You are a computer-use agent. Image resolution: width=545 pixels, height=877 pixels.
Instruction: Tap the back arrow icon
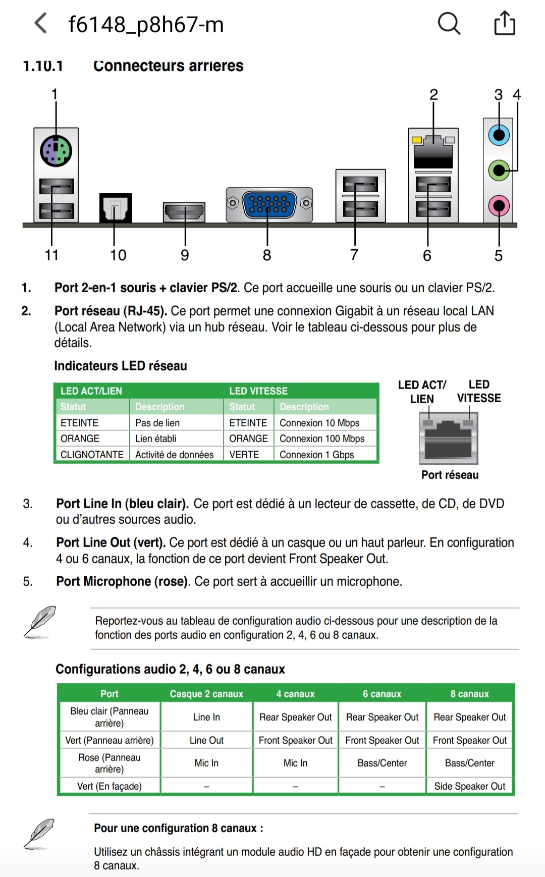pyautogui.click(x=41, y=24)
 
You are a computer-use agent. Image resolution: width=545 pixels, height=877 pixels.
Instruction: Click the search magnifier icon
pyautogui.click(x=449, y=24)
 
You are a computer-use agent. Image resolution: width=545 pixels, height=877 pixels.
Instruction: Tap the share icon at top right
pyautogui.click(x=505, y=24)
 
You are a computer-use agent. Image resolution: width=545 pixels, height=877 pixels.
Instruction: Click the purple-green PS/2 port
pyautogui.click(x=56, y=151)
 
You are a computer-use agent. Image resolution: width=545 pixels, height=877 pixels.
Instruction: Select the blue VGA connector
pyautogui.click(x=269, y=204)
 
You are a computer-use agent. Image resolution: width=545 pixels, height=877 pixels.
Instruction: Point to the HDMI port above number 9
pyautogui.click(x=184, y=212)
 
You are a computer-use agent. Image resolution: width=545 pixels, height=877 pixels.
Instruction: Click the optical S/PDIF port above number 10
pyautogui.click(x=116, y=208)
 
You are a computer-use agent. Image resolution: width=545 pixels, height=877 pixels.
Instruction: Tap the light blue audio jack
pyautogui.click(x=499, y=135)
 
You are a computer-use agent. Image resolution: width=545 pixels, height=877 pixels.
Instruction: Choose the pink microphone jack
pyautogui.click(x=499, y=206)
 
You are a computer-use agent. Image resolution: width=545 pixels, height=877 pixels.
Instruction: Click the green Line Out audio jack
pyautogui.click(x=499, y=171)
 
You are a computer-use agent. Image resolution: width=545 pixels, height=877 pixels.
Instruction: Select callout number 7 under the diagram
pyautogui.click(x=354, y=255)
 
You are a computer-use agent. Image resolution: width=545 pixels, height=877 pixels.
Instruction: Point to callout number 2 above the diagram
pyautogui.click(x=433, y=94)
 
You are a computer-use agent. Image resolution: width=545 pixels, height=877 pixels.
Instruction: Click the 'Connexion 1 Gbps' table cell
pyautogui.click(x=317, y=455)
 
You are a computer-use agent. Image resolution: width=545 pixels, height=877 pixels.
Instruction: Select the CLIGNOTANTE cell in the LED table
pyautogui.click(x=92, y=455)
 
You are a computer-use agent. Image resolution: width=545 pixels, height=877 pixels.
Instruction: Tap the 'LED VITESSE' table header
pyautogui.click(x=258, y=391)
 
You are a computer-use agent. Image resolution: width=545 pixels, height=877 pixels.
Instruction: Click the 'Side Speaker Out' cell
pyautogui.click(x=469, y=786)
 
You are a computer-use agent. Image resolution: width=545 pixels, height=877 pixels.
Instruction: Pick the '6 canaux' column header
pyautogui.click(x=382, y=694)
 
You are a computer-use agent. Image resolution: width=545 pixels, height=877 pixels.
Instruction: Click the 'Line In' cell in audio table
pyautogui.click(x=206, y=717)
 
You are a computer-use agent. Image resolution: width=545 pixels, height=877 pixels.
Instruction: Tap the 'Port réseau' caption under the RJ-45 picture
pyautogui.click(x=450, y=475)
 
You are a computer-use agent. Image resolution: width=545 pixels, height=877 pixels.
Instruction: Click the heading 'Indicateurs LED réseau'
pyautogui.click(x=121, y=366)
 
